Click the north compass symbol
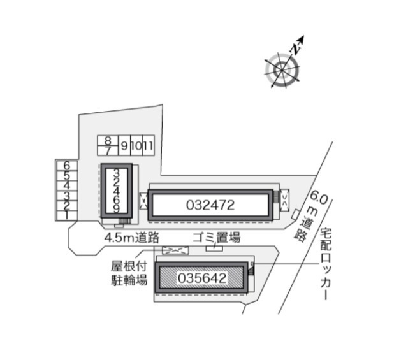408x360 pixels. pyautogui.click(x=282, y=68)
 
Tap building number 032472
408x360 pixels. pyautogui.click(x=211, y=205)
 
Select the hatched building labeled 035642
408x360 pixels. pyautogui.click(x=201, y=278)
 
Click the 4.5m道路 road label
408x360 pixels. pyautogui.click(x=131, y=238)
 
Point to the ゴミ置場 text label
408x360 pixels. pyautogui.click(x=217, y=238)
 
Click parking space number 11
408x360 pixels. pyautogui.click(x=148, y=146)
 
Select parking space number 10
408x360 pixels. pyautogui.click(x=136, y=146)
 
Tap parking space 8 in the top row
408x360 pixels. pyautogui.click(x=108, y=141)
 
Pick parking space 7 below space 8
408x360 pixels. pyautogui.click(x=108, y=150)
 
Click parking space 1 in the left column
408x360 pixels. pyautogui.click(x=66, y=215)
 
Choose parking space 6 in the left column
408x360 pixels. pyautogui.click(x=66, y=165)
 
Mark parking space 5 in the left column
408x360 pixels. pyautogui.click(x=66, y=175)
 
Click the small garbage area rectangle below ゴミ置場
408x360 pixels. pyautogui.click(x=214, y=248)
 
